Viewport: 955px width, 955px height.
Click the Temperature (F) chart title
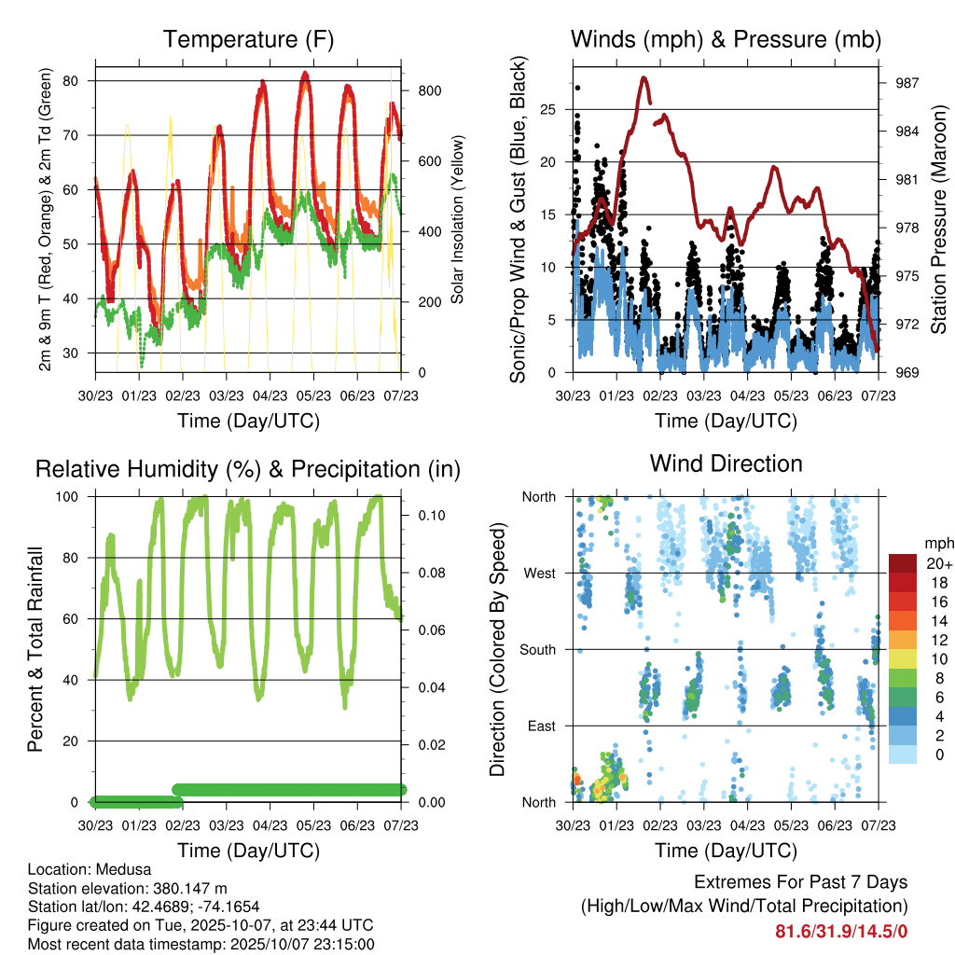tap(248, 39)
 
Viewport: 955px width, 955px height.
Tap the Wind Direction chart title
tap(726, 464)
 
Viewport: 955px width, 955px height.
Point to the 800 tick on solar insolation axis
tap(429, 90)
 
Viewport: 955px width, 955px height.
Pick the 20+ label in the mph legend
tap(939, 563)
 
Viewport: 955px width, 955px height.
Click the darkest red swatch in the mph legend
tap(904, 563)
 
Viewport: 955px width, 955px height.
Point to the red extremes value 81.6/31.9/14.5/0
tap(841, 931)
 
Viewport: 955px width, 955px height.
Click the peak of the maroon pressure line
tap(644, 78)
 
